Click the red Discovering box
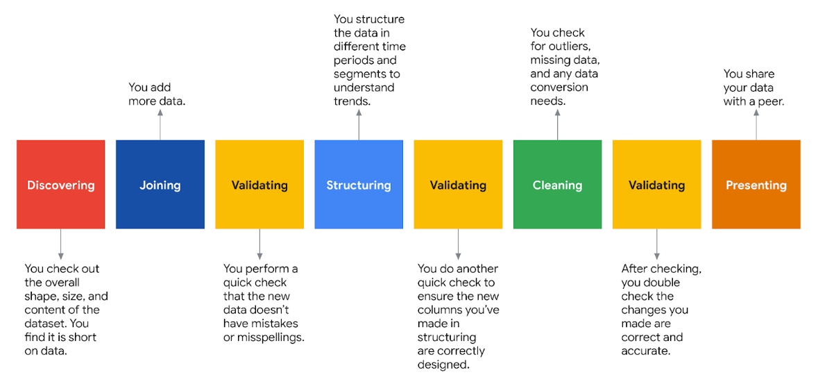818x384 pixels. pyautogui.click(x=60, y=185)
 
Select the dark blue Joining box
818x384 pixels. pyautogui.click(x=160, y=185)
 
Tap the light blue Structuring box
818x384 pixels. pyautogui.click(x=358, y=185)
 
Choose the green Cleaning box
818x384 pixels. pyautogui.click(x=557, y=185)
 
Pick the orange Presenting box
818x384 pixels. pyautogui.click(x=756, y=185)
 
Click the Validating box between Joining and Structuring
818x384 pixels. pyautogui.click(x=259, y=185)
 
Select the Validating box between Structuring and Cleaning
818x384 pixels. pyautogui.click(x=458, y=185)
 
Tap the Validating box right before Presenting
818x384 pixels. pyautogui.click(x=656, y=185)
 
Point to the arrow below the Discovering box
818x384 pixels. pyautogui.click(x=60, y=244)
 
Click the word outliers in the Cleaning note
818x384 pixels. pyautogui.click(x=568, y=47)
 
